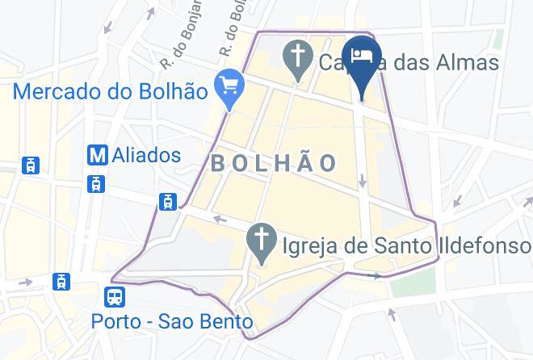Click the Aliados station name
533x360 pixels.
pyautogui.click(x=148, y=154)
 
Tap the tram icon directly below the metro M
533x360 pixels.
pyautogui.click(x=97, y=184)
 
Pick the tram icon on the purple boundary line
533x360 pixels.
pyautogui.click(x=168, y=202)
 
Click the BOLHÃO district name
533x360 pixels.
pyautogui.click(x=274, y=163)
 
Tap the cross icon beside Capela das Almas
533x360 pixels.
pyautogui.click(x=298, y=58)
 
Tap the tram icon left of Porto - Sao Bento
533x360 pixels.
pyautogui.click(x=61, y=282)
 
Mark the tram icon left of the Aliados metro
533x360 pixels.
pyautogui.click(x=31, y=165)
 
